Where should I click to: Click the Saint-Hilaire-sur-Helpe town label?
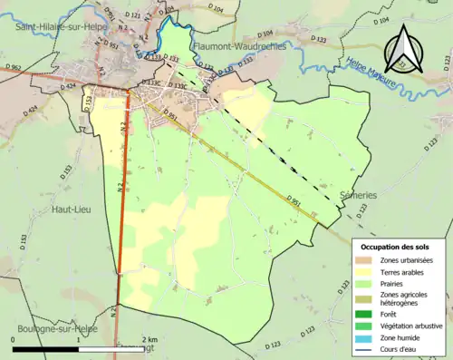[57, 28]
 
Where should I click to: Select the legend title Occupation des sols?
[397, 247]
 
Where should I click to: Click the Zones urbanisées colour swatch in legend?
[367, 261]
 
